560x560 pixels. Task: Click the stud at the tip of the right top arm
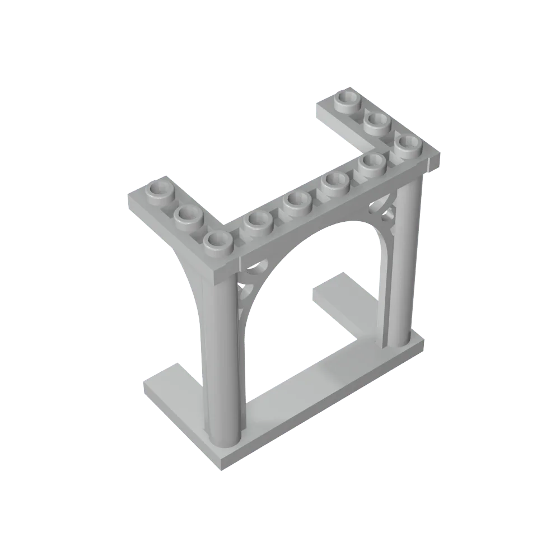347,101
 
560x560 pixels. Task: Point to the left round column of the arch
226,358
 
